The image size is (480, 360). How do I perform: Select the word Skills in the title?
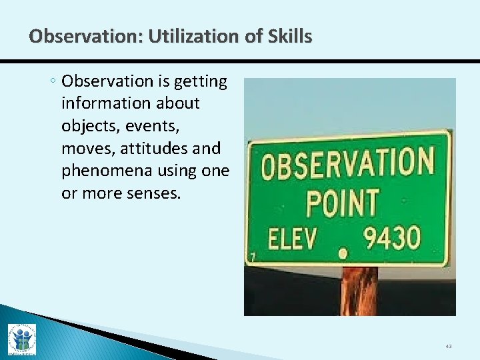[287, 37]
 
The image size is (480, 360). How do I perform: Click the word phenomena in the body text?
[107, 171]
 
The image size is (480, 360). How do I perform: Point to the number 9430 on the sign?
[392, 237]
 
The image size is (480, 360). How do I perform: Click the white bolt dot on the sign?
[343, 253]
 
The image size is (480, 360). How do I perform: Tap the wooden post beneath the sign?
[361, 291]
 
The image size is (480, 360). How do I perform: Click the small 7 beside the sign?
[253, 257]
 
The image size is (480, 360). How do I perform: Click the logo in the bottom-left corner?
[21, 340]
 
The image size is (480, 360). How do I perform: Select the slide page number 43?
[447, 346]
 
